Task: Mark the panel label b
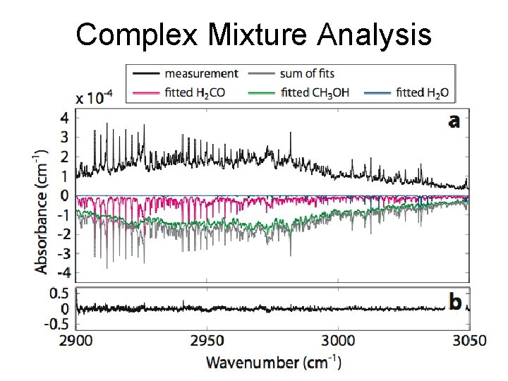455,302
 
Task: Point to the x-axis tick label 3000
338,340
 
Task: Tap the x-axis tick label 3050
468,340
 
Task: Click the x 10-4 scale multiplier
93,98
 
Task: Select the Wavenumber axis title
274,363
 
